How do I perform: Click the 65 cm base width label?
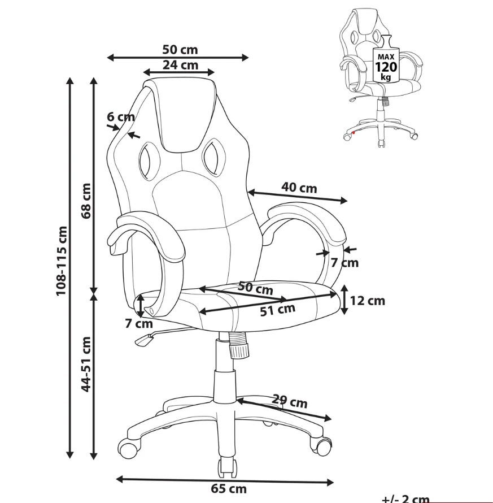(x=229, y=489)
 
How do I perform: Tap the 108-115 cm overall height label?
(x=62, y=261)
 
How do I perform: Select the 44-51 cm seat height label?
(x=86, y=364)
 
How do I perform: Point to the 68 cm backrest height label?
(x=86, y=201)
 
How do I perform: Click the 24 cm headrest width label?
(x=180, y=65)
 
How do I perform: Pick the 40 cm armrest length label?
(x=299, y=187)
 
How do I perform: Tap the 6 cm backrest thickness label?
(x=121, y=117)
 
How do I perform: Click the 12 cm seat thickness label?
(x=367, y=301)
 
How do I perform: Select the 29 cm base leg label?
(x=290, y=401)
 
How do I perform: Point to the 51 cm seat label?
(x=277, y=310)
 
